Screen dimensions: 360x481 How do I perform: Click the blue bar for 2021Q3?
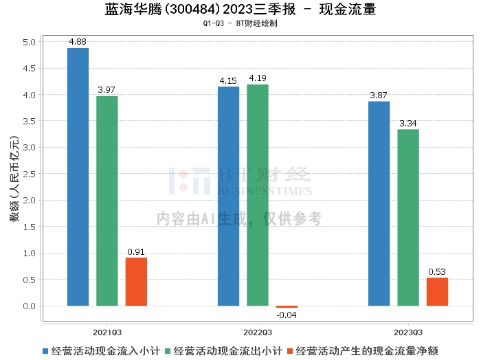click(78, 177)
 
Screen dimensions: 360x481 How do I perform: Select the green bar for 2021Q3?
click(107, 201)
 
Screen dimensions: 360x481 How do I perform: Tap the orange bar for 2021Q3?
click(136, 282)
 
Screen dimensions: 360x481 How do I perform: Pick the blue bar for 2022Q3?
click(228, 196)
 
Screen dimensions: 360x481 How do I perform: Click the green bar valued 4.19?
click(258, 195)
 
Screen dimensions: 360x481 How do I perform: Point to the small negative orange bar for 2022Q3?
click(287, 306)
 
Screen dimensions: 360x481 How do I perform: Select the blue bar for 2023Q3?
click(379, 203)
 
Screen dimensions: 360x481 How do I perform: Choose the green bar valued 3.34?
click(408, 217)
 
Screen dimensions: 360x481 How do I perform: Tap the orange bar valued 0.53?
click(437, 291)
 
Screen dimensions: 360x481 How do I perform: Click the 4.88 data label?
click(78, 42)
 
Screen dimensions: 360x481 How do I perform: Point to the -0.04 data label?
click(287, 315)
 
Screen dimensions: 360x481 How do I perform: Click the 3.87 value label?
click(379, 95)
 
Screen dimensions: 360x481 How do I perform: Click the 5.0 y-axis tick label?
click(29, 42)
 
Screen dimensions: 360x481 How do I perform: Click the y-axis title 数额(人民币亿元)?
click(13, 178)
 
